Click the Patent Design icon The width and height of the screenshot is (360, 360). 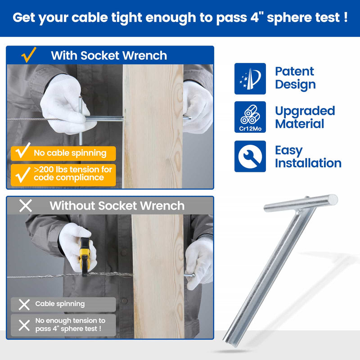(x=250, y=79)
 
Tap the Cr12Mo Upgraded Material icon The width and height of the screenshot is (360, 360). (x=250, y=117)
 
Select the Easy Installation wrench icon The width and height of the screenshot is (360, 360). (x=250, y=156)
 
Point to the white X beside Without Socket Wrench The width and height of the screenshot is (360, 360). (x=26, y=206)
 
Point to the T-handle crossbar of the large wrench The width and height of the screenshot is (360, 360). (x=301, y=203)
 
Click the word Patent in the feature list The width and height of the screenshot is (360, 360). (x=294, y=72)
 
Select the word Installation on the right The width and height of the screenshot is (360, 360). (x=308, y=163)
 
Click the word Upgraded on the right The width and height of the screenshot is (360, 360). (x=305, y=111)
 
